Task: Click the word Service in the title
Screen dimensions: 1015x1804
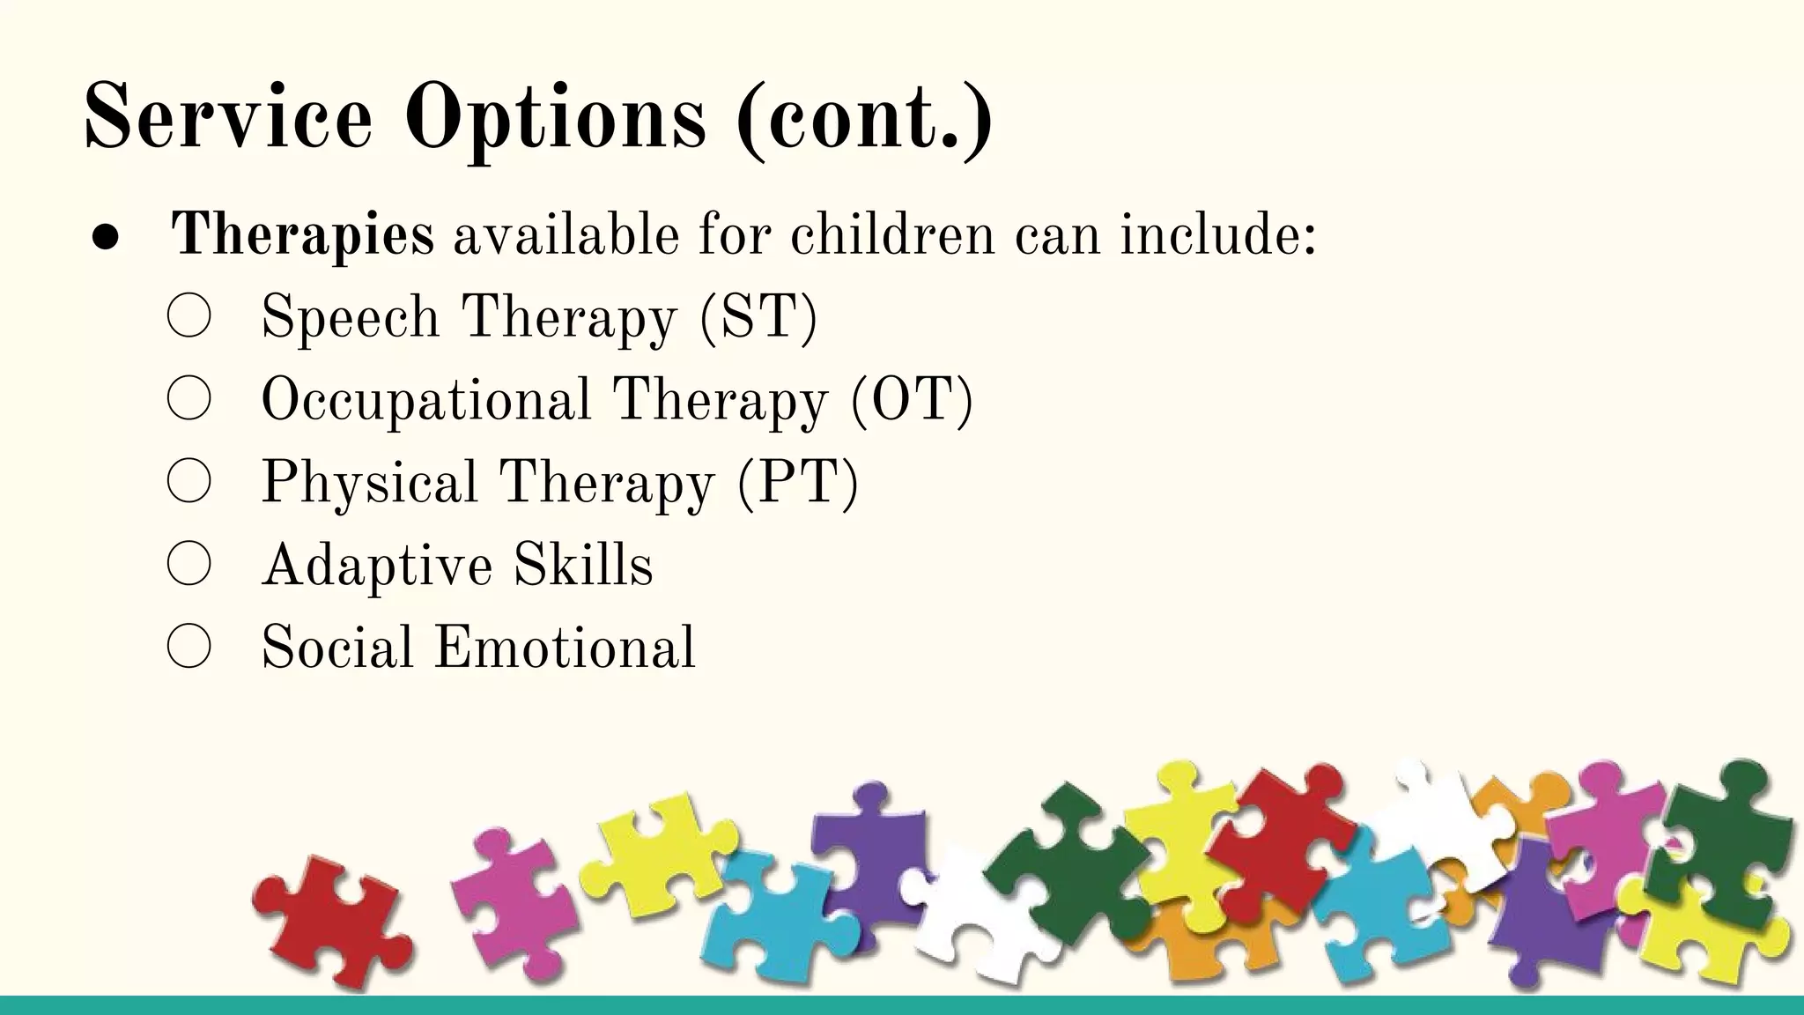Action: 228,116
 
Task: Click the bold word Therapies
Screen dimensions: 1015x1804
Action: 302,236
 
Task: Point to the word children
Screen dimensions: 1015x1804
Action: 891,235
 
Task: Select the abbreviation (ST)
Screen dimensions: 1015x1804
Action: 759,317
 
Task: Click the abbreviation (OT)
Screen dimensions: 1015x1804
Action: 913,400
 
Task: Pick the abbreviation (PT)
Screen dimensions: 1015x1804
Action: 798,483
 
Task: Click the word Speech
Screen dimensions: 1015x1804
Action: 350,317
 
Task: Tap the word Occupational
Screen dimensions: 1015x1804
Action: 426,401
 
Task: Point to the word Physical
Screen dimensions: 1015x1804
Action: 369,483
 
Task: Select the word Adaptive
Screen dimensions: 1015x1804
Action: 377,566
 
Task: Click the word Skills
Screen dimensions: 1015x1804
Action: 584,565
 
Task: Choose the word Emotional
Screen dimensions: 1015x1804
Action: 565,648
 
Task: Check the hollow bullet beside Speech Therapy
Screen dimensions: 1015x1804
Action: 189,315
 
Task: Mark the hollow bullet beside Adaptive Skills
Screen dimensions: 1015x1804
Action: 189,564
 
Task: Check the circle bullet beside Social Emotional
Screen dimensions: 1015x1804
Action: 189,646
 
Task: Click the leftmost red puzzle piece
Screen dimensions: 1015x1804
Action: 330,921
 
